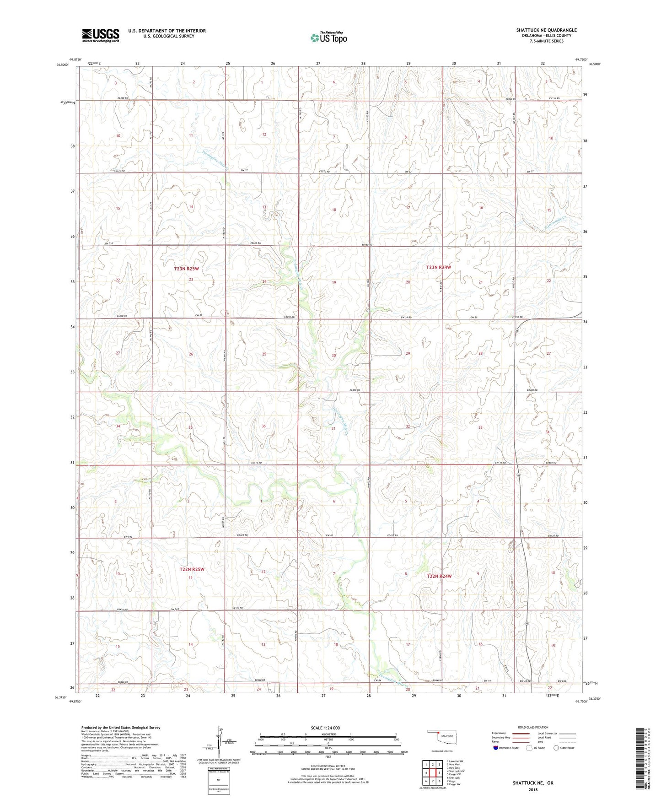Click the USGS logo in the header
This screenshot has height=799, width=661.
point(101,35)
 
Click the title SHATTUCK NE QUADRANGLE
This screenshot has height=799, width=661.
point(546,30)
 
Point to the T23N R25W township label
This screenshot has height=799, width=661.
point(186,269)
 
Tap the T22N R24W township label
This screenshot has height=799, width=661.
point(439,577)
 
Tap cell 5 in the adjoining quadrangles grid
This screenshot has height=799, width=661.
point(439,772)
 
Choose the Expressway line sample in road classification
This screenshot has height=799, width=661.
point(521,733)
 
